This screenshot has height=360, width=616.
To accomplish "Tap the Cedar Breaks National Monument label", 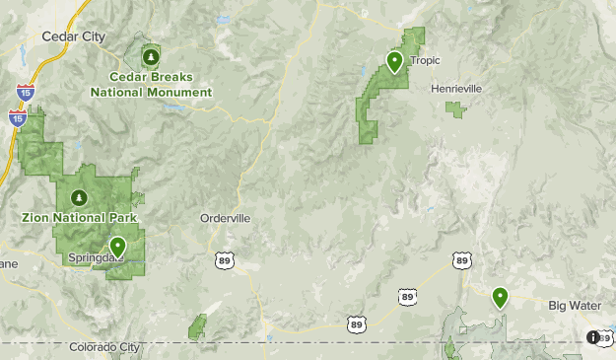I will click(x=151, y=85).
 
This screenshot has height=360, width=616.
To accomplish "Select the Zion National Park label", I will click(x=80, y=217).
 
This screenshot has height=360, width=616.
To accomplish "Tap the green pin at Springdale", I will click(x=118, y=247).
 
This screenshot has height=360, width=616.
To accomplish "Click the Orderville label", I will click(x=226, y=218).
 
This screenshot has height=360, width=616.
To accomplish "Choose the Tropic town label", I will click(x=425, y=60).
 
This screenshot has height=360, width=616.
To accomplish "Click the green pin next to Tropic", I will click(x=394, y=62).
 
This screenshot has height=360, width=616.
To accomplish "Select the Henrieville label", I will click(x=456, y=88).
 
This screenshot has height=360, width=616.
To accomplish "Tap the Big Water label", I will click(x=574, y=306).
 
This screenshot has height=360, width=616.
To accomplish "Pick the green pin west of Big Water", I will click(x=500, y=296).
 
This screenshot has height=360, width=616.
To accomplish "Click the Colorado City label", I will click(x=104, y=347).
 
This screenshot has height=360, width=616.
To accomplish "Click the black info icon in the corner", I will click(x=593, y=337).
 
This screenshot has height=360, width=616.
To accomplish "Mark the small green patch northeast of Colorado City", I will click(x=198, y=326).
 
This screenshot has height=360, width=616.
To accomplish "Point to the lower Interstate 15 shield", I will click(x=17, y=118).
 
